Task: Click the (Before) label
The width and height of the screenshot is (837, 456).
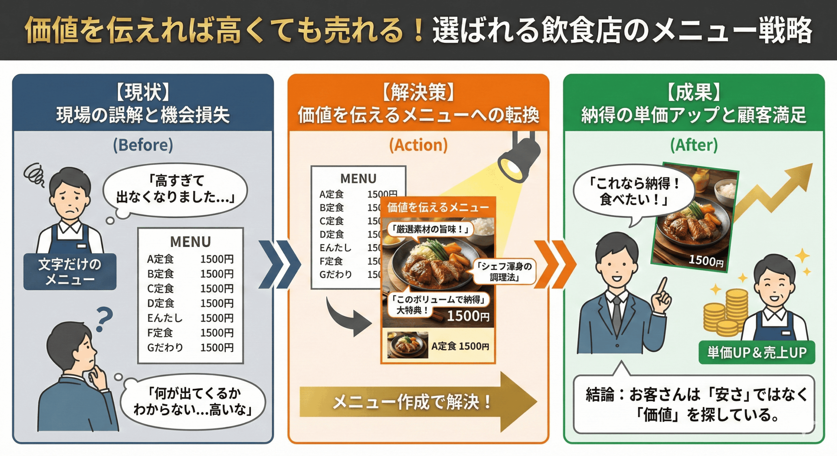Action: click(x=143, y=145)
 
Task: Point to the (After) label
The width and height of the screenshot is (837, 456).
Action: click(x=694, y=145)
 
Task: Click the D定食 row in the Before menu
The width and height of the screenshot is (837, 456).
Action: click(x=190, y=303)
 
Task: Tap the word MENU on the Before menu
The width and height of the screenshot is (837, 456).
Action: click(x=190, y=242)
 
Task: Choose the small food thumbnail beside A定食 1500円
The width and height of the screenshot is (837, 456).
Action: click(x=407, y=345)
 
